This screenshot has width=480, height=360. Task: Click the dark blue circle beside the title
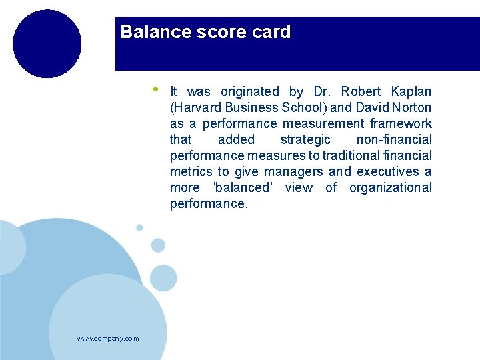(47, 44)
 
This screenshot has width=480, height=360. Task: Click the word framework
(401, 123)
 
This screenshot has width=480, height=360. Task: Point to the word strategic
(305, 139)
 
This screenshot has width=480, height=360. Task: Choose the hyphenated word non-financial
(394, 139)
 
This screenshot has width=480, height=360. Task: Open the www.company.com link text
(108, 339)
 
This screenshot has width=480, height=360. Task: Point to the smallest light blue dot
(139, 227)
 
